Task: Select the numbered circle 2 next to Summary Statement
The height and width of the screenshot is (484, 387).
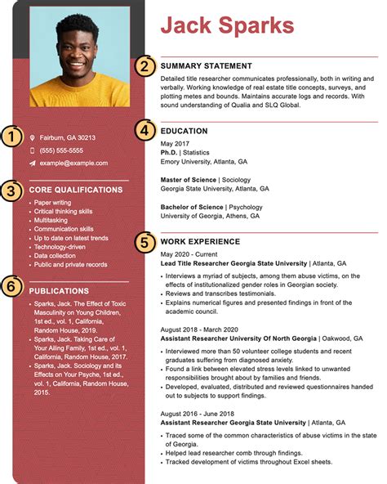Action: click(145, 66)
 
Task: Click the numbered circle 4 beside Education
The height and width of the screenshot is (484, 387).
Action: click(145, 130)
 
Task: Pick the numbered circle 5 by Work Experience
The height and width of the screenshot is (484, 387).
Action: click(145, 241)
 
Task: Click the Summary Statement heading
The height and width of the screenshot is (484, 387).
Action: click(206, 65)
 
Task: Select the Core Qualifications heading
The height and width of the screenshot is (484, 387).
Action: click(75, 190)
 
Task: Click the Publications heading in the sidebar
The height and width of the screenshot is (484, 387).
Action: click(59, 291)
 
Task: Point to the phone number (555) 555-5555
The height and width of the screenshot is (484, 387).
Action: click(61, 150)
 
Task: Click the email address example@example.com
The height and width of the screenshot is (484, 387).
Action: click(73, 163)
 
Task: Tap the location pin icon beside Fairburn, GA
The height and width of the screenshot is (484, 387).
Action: click(33, 138)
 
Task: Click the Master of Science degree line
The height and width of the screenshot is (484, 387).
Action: click(206, 179)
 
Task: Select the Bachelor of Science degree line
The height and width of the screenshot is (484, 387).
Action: click(211, 207)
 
